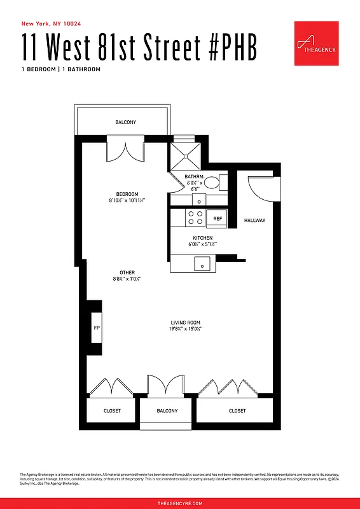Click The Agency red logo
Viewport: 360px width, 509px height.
coord(316,43)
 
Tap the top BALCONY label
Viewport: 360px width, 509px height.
coord(125,122)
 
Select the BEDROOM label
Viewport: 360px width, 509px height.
coord(127,194)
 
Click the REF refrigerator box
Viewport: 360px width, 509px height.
coord(217,218)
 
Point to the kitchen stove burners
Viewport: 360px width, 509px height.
coord(195,218)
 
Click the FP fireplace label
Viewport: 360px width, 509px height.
coord(97,328)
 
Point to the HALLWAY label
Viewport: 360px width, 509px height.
coord(254,220)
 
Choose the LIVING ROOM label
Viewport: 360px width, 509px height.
coord(185,323)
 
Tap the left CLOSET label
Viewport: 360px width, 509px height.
coord(112,411)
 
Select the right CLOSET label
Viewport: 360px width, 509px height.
coord(237,411)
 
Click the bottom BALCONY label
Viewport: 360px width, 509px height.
coord(167,411)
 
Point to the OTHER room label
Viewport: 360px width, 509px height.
coord(127,272)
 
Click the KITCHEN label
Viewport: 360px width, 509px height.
coord(203,237)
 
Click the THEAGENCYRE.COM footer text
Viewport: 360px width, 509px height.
coord(180,503)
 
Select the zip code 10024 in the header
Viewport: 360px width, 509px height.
coord(70,24)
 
